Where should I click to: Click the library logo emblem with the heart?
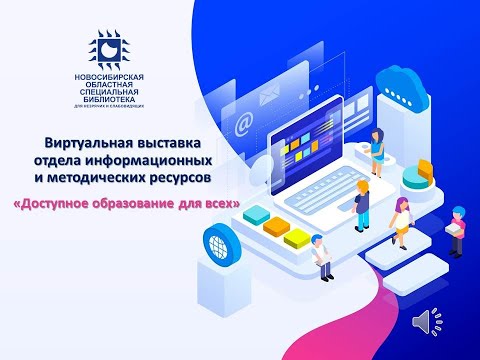click(x=110, y=48)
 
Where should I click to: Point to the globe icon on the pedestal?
click(x=219, y=246)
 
